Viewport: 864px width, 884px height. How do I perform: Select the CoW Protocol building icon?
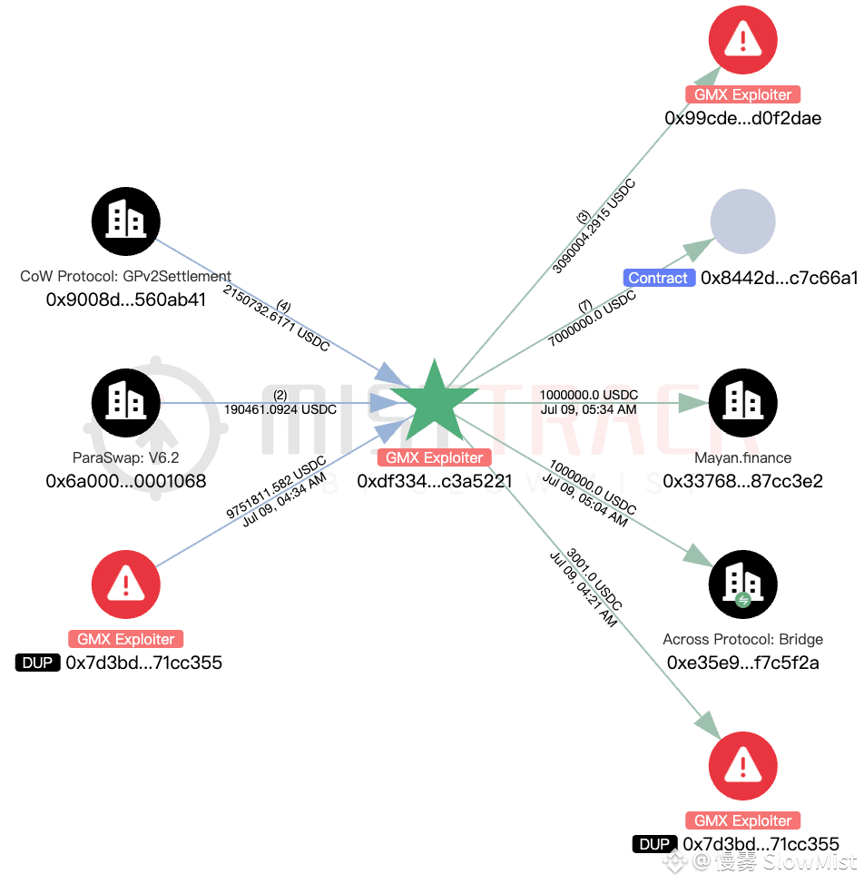tap(125, 221)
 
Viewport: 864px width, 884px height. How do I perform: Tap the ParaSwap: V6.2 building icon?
tap(125, 403)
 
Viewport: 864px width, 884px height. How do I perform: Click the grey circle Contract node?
tap(742, 221)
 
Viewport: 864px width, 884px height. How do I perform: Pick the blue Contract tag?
tap(658, 278)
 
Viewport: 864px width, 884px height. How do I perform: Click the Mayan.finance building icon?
tap(742, 403)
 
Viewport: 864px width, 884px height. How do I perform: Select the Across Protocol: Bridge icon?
tap(742, 584)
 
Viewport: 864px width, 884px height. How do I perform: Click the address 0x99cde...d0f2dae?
tap(742, 118)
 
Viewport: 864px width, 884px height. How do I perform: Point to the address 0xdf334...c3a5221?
tap(435, 481)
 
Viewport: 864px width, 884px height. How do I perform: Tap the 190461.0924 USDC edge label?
tap(280, 410)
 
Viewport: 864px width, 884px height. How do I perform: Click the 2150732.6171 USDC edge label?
tap(276, 319)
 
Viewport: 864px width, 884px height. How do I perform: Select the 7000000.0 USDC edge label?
tap(592, 318)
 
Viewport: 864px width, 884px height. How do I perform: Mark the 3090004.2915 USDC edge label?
tap(594, 226)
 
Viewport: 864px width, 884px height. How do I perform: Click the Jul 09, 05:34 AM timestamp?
tap(588, 410)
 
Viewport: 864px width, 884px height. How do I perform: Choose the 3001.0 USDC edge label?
tap(594, 579)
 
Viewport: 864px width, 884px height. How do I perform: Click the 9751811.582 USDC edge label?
tap(276, 486)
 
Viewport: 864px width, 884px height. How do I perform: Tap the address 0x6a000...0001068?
tap(125, 481)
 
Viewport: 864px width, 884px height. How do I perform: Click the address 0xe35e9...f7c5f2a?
tap(742, 663)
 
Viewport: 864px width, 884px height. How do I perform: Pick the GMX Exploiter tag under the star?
tap(434, 457)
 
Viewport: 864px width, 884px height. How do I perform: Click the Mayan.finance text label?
tap(742, 457)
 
